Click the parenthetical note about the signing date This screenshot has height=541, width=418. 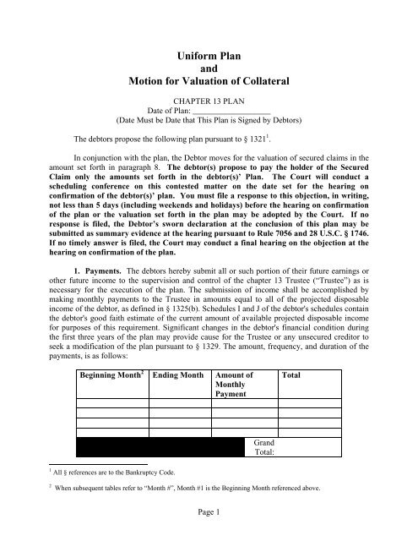(209, 133)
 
